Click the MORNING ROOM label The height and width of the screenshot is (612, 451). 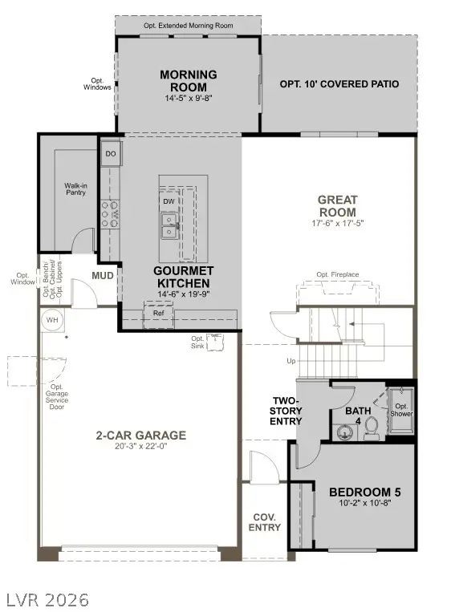click(188, 81)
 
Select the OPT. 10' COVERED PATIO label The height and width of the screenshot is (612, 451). click(339, 84)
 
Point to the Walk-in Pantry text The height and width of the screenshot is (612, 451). click(76, 190)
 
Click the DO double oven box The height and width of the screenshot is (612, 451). click(111, 153)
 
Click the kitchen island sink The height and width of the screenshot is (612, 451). click(169, 225)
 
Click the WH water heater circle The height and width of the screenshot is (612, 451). click(53, 319)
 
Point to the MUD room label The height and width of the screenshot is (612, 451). click(102, 276)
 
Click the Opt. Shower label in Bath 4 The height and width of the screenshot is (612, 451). click(400, 410)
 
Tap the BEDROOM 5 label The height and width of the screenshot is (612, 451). click(365, 492)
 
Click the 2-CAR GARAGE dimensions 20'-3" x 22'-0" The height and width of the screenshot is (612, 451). click(140, 448)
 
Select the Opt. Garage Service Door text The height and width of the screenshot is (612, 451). click(53, 396)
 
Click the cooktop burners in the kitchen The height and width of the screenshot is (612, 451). click(107, 212)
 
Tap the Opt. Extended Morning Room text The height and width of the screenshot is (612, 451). click(188, 25)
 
